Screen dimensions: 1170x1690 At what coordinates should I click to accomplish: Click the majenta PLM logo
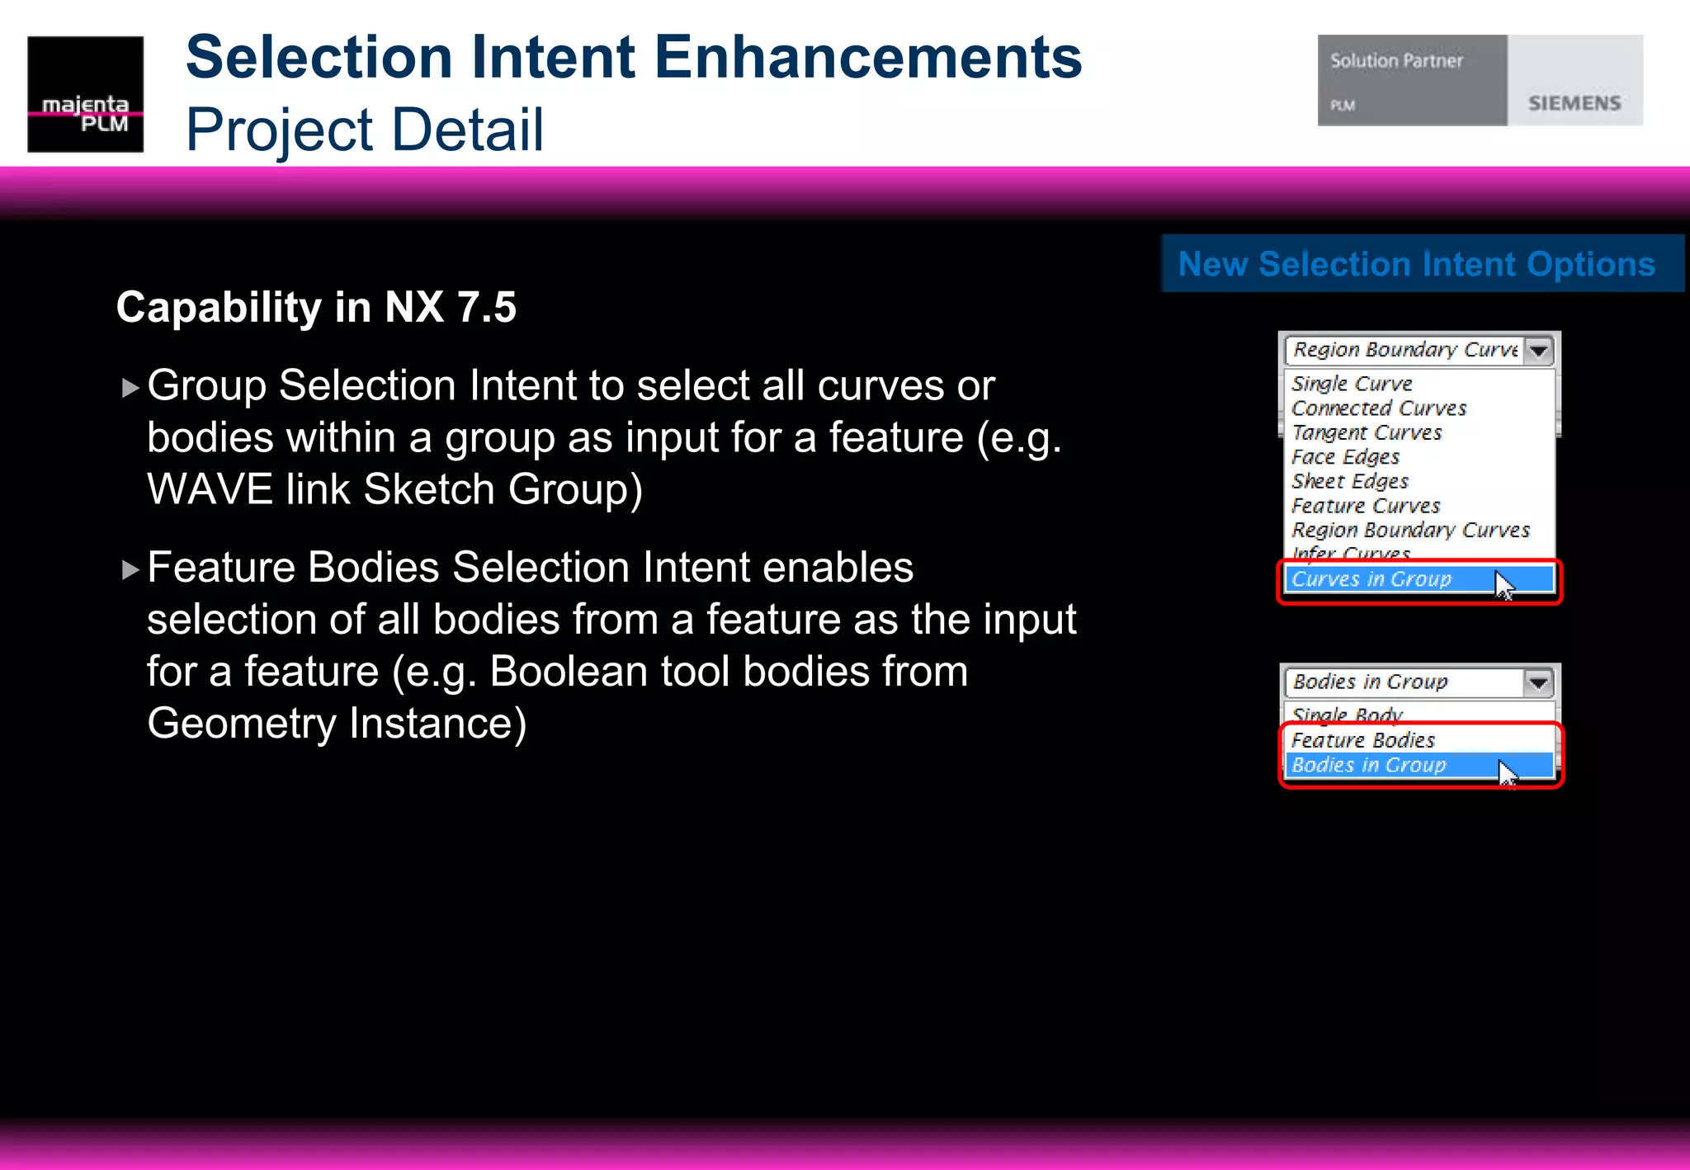pyautogui.click(x=85, y=94)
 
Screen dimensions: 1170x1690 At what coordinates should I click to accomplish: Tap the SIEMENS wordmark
pyautogui.click(x=1574, y=103)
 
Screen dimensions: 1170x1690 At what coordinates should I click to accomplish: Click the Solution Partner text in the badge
pyautogui.click(x=1396, y=61)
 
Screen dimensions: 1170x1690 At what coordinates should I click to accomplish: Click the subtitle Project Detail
pyautogui.click(x=365, y=130)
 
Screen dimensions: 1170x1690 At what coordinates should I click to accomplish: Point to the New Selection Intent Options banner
pyautogui.click(x=1417, y=264)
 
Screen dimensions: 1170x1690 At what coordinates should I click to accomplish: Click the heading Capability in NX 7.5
pyautogui.click(x=316, y=308)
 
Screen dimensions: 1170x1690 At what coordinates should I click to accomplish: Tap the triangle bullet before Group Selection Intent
pyautogui.click(x=130, y=388)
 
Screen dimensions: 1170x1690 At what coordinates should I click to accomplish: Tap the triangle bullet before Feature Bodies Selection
pyautogui.click(x=130, y=569)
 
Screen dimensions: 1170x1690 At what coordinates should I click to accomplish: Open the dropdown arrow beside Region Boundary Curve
pyautogui.click(x=1538, y=351)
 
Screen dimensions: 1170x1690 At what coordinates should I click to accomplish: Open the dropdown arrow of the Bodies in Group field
pyautogui.click(x=1538, y=682)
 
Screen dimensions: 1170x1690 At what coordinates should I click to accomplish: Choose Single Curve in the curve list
pyautogui.click(x=1352, y=384)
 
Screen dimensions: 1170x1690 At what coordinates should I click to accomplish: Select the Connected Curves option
pyautogui.click(x=1379, y=408)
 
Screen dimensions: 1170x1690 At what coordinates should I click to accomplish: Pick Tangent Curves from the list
pyautogui.click(x=1367, y=432)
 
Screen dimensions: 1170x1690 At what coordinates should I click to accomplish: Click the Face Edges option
pyautogui.click(x=1345, y=457)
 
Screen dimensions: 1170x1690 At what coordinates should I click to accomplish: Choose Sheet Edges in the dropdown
pyautogui.click(x=1350, y=481)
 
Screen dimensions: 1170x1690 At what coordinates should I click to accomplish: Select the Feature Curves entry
pyautogui.click(x=1366, y=506)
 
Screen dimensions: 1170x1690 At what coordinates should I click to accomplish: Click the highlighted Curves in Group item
pyautogui.click(x=1371, y=579)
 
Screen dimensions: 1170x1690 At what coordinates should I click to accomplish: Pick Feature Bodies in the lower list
pyautogui.click(x=1363, y=740)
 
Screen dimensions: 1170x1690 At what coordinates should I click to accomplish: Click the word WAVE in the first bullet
pyautogui.click(x=209, y=490)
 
